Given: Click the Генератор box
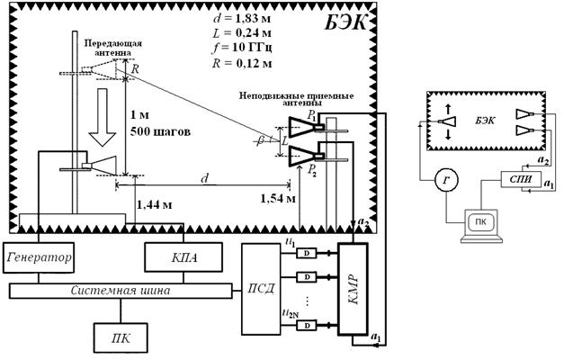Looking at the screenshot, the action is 39,257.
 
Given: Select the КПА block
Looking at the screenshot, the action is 184,257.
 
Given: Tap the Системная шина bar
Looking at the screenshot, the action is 121,291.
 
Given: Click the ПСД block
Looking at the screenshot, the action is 261,289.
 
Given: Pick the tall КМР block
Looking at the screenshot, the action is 354,289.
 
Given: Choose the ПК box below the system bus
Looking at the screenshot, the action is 121,338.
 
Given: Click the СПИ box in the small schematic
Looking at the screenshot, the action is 521,178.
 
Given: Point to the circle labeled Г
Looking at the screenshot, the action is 446,179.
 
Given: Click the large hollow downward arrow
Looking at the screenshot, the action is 103,117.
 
